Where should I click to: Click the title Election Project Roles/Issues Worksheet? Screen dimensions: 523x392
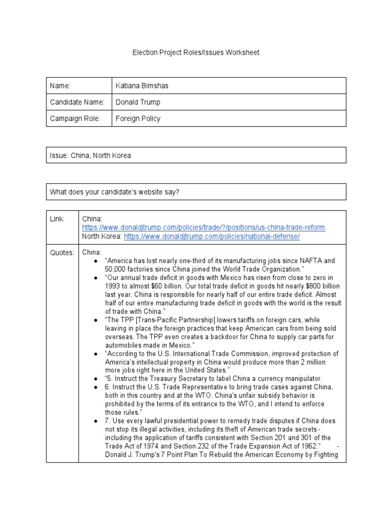196,53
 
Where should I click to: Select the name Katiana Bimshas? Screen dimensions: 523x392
142,86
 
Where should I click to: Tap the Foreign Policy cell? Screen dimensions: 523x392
138,118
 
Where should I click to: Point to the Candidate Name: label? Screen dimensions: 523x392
77,102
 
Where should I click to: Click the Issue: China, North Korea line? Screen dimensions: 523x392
90,155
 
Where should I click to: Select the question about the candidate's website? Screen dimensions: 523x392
114,192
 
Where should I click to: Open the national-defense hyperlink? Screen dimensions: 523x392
212,236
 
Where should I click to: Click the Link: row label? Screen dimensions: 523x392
57,219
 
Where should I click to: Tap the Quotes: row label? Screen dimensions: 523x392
62,252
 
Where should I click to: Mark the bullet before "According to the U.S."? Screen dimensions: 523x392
96,353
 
